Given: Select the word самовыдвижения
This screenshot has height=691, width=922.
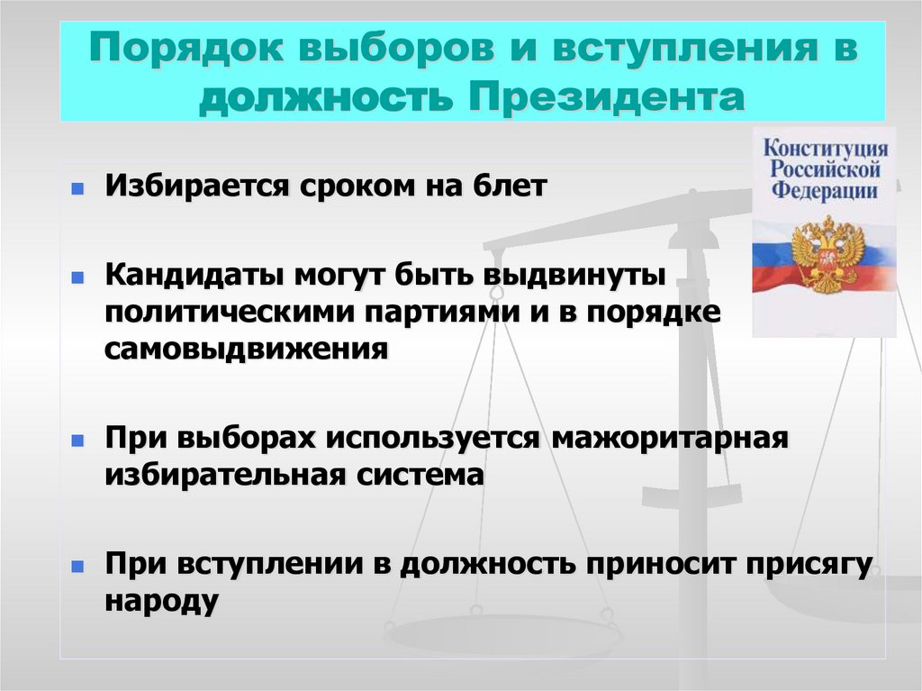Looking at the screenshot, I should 246,348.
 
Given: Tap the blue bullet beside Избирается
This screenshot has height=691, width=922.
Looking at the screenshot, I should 78,189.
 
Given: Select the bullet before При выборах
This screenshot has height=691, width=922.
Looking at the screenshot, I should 78,440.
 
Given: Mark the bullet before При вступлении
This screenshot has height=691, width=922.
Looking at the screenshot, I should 78,566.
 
